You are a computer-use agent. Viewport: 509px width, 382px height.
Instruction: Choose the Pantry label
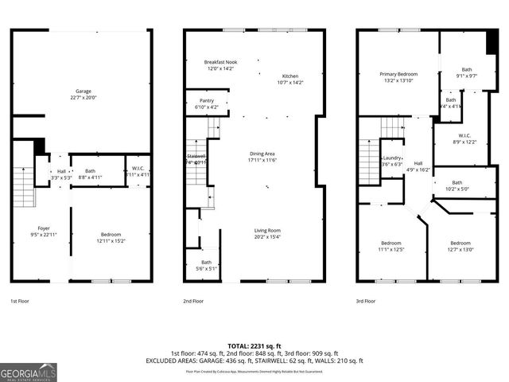pos(205,104)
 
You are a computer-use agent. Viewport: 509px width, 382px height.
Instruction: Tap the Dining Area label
pos(263,157)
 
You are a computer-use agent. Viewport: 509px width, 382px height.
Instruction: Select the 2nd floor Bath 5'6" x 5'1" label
pos(206,266)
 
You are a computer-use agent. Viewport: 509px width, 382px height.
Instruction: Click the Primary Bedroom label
pos(398,77)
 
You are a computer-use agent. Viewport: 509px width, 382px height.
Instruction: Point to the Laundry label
pos(392,161)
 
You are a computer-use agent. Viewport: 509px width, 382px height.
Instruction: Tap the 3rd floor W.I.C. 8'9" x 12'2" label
pos(463,138)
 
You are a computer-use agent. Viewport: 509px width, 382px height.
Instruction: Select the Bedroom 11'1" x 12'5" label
pos(390,246)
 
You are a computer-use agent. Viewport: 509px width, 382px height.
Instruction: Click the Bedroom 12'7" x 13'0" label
pos(460,246)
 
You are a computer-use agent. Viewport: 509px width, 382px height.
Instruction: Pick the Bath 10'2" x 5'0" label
pos(463,185)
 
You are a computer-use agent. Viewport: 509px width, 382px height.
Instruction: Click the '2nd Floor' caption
pos(193,302)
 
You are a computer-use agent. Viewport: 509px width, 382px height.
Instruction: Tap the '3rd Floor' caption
pos(367,302)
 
